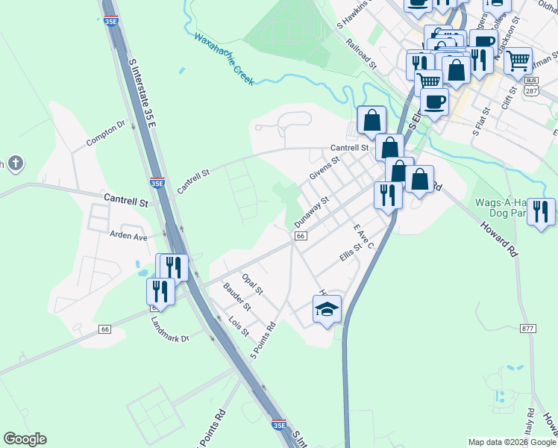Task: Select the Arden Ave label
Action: (x=129, y=236)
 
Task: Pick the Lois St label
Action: (x=239, y=326)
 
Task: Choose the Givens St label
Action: (x=325, y=167)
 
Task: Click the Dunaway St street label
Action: (x=311, y=212)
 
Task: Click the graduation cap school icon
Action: (x=327, y=309)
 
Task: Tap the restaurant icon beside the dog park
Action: (x=541, y=211)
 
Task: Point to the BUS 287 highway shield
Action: (x=531, y=85)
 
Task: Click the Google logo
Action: (x=25, y=439)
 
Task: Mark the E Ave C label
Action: (x=363, y=236)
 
